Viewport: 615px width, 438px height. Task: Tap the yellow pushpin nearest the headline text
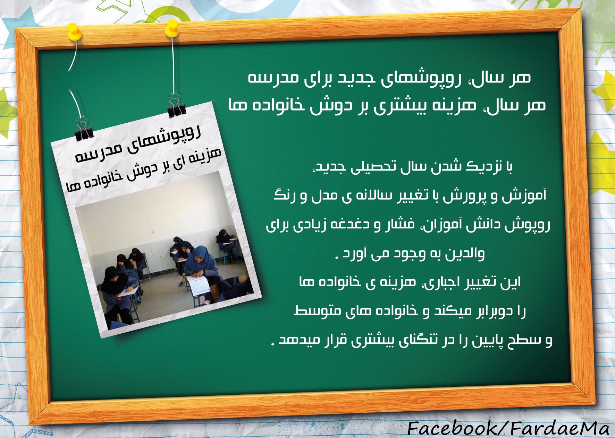(x=172, y=28)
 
